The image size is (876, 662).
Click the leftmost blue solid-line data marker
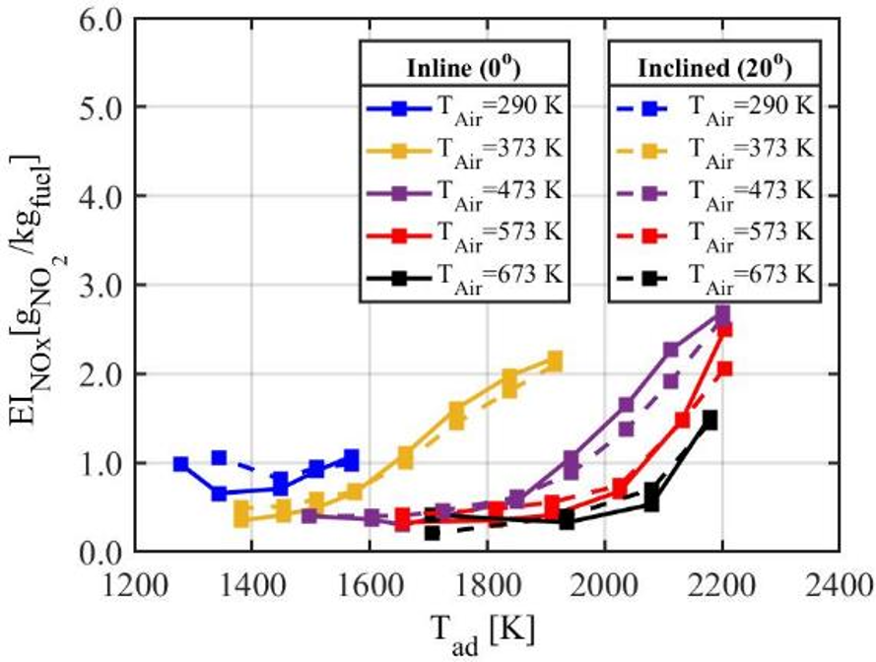coord(180,463)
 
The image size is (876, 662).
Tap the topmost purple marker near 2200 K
coord(722,313)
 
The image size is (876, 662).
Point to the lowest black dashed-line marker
coord(432,533)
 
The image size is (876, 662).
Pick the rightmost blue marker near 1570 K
coord(352,458)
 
